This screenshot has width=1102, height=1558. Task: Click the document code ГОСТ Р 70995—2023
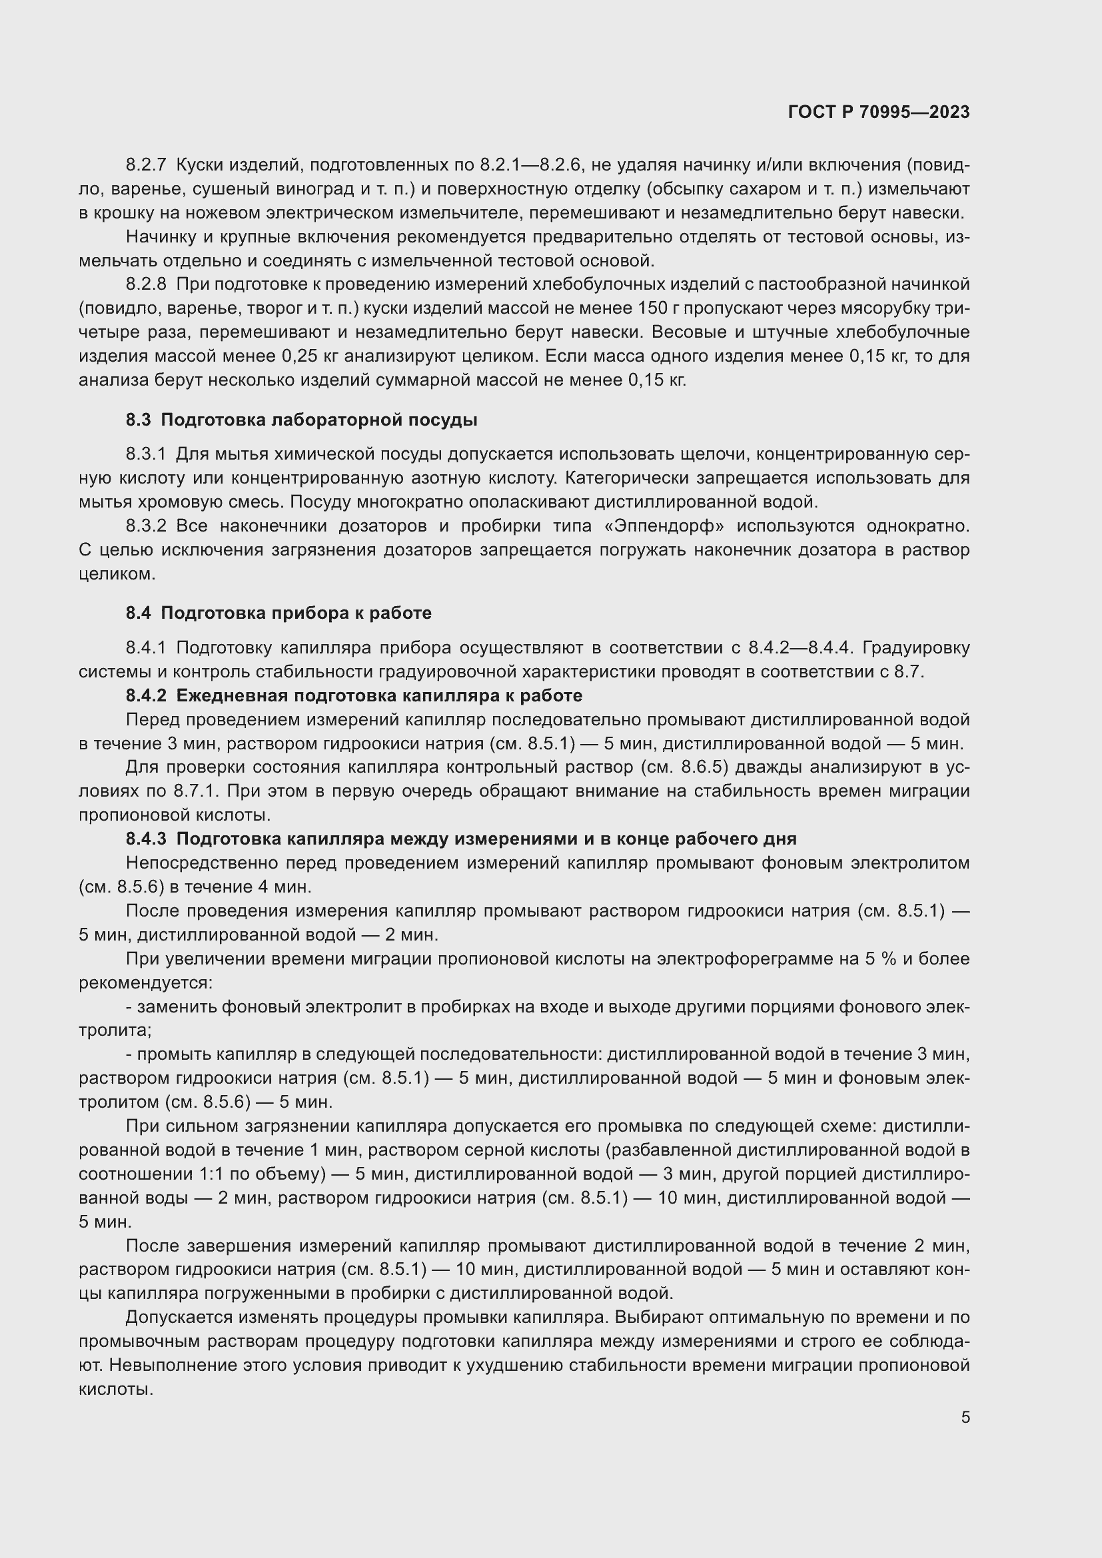click(x=879, y=112)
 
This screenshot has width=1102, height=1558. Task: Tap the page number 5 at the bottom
click(x=965, y=1417)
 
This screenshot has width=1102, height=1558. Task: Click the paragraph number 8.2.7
click(x=146, y=165)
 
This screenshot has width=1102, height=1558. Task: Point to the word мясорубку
click(x=882, y=308)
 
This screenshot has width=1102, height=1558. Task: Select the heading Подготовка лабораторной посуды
click(x=319, y=420)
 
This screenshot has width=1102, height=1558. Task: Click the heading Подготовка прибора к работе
click(x=296, y=613)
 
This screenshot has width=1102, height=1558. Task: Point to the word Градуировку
click(x=915, y=647)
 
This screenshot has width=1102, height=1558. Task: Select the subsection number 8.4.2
click(x=146, y=695)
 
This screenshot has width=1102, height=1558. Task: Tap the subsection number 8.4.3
click(x=146, y=839)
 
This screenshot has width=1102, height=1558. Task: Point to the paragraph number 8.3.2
click(x=146, y=526)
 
